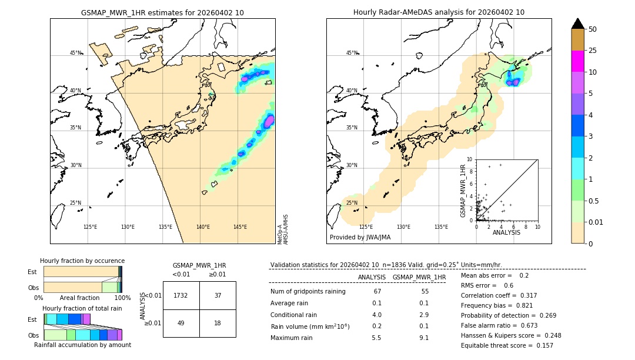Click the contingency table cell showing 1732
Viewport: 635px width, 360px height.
coord(181,295)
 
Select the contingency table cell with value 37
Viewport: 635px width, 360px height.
coord(218,295)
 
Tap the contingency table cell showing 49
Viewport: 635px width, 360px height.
coord(181,323)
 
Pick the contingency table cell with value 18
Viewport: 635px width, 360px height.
coord(218,323)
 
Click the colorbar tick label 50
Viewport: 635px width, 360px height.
coord(593,29)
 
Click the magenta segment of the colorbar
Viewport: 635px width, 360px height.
coord(577,61)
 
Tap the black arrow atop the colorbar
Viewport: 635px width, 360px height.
coord(577,24)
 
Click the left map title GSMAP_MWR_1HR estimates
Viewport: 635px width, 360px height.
coord(162,12)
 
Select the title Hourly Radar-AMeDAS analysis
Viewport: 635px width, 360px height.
coord(439,12)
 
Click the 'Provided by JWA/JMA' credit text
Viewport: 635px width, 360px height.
coord(360,238)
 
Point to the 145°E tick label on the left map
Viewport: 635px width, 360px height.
coord(240,227)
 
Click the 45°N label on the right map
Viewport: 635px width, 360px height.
coord(352,53)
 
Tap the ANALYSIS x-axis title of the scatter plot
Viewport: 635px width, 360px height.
coord(506,232)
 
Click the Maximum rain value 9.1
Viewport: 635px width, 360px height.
coord(423,338)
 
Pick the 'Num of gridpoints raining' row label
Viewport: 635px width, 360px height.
coord(308,291)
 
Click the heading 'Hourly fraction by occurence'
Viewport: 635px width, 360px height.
coord(82,261)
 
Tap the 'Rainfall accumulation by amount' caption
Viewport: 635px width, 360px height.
coord(82,345)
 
